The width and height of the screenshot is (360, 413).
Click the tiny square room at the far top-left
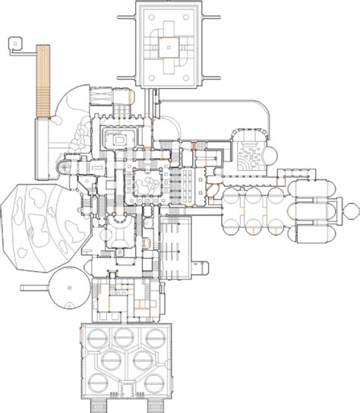(x=14, y=45)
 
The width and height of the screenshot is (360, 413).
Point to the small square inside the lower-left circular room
(x=68, y=286)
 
